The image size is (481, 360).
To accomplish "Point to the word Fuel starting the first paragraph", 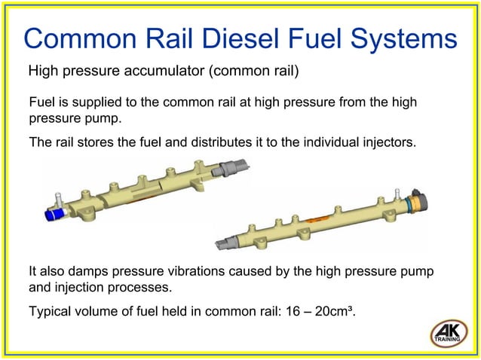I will click(41, 102).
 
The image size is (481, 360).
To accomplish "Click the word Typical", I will click(51, 307).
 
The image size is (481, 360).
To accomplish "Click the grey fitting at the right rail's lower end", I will click(227, 243).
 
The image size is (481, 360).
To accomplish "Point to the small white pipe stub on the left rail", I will click(56, 200).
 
